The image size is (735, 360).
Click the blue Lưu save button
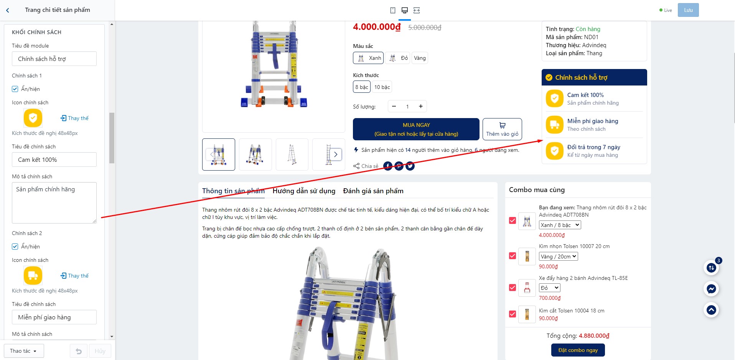coord(688,10)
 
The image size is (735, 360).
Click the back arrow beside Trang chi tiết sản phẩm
coord(8,10)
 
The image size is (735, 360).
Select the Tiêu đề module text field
coord(54,59)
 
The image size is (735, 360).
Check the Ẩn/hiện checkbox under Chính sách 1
coord(15,89)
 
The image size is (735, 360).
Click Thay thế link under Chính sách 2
coord(74,276)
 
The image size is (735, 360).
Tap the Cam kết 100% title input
coord(54,159)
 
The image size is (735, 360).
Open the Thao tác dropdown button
coord(24,351)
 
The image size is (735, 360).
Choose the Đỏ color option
coord(397,58)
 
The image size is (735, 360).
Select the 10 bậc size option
coord(382,87)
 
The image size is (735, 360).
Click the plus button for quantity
coord(421,106)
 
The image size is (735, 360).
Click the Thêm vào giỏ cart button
coord(502,129)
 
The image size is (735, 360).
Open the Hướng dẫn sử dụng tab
coord(304,191)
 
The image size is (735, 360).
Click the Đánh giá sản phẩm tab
coord(373,191)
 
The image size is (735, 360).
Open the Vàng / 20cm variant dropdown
coord(558,256)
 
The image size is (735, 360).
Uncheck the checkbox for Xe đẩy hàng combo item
coord(513,288)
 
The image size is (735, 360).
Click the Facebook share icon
coord(388,166)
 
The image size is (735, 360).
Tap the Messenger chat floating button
coord(711,289)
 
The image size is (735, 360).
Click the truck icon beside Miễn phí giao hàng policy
coord(554,125)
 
